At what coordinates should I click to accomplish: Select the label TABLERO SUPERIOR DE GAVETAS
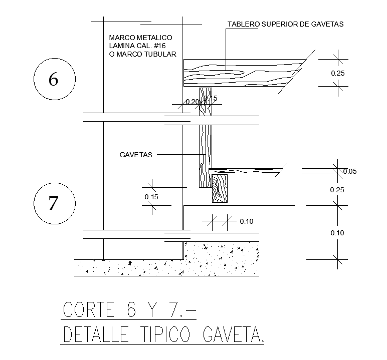(285, 24)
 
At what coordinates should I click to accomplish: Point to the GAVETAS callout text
(135, 155)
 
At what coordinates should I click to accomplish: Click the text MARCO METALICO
(140, 38)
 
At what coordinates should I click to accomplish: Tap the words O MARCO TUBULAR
(142, 55)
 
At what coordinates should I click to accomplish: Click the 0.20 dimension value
(192, 102)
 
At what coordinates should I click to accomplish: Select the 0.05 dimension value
(350, 172)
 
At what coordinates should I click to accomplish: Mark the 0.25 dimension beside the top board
(338, 73)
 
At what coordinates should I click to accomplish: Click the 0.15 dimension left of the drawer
(151, 197)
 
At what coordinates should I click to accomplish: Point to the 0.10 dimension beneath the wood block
(246, 221)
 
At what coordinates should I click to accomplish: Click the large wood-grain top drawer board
(241, 73)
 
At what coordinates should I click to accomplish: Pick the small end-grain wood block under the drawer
(219, 188)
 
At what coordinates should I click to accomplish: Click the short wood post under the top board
(206, 102)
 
